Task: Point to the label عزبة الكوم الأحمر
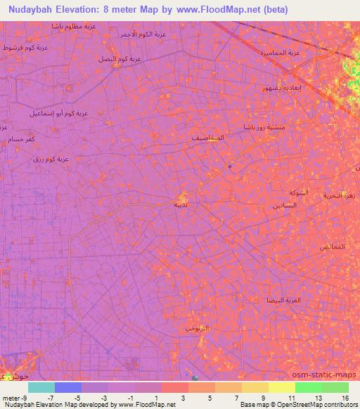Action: (143, 34)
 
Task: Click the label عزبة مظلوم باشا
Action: (74, 26)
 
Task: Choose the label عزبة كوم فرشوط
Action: (26, 47)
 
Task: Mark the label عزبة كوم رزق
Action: (51, 159)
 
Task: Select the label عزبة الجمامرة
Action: (280, 53)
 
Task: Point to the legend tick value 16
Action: (345, 397)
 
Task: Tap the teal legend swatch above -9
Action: (41, 387)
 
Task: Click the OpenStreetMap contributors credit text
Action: (323, 405)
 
